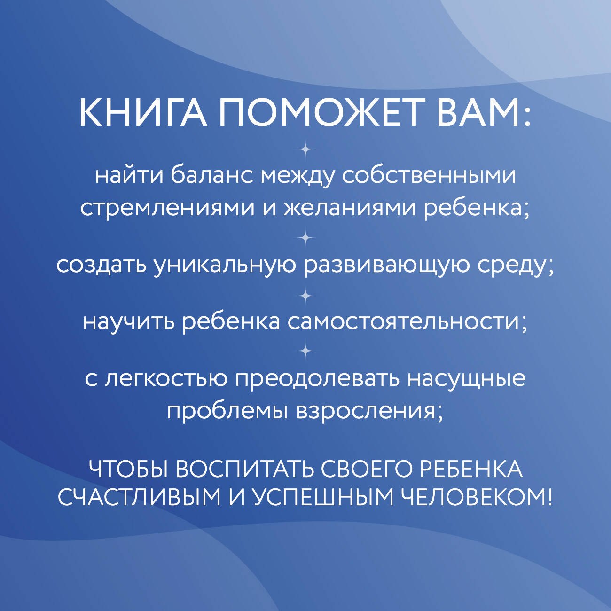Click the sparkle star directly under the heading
(305, 150)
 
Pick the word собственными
(428, 176)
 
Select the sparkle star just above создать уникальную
(305, 238)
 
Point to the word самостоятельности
(407, 322)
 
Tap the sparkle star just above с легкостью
(305, 351)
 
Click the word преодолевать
(317, 379)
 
